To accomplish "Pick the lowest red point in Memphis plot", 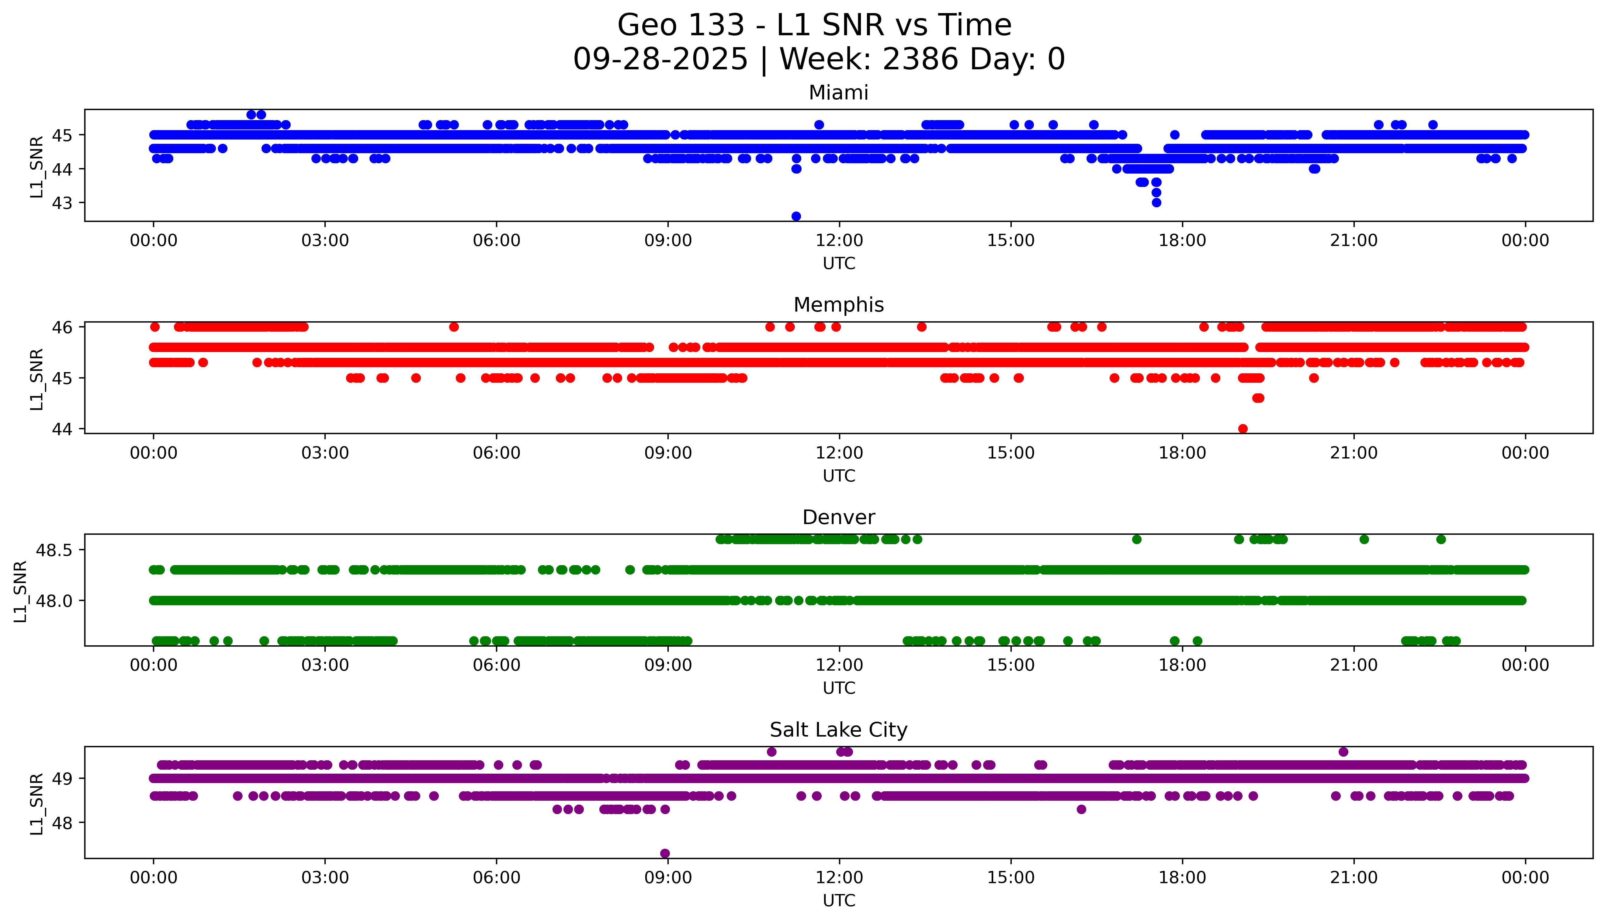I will pyautogui.click(x=1243, y=429).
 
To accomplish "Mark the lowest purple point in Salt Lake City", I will pyautogui.click(x=664, y=854).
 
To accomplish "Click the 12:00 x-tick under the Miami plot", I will pyautogui.click(x=839, y=241).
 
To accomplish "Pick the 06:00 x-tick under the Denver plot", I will pyautogui.click(x=497, y=665).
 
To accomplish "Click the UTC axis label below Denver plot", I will pyautogui.click(x=839, y=688).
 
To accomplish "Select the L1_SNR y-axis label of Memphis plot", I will pyautogui.click(x=37, y=379).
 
